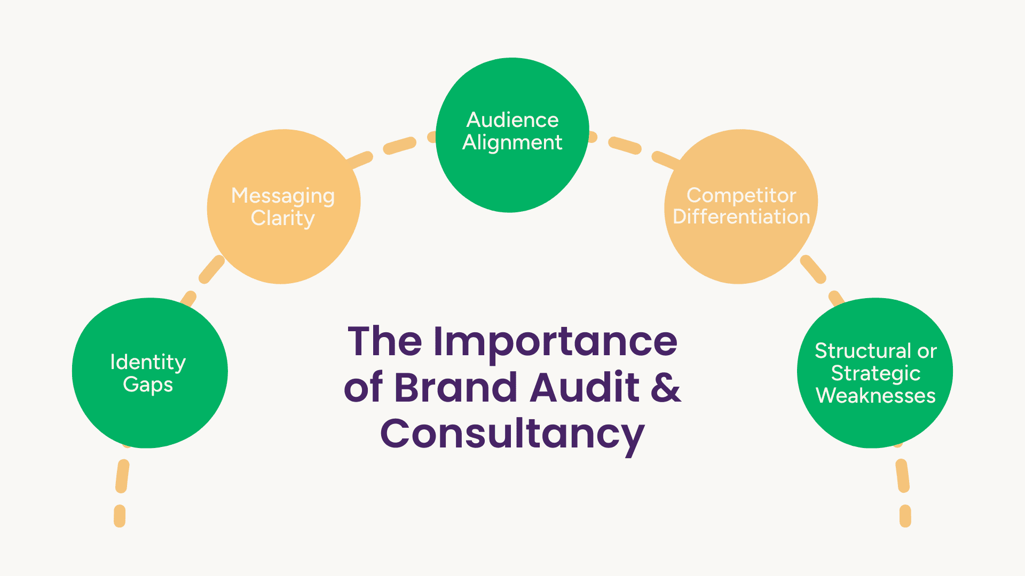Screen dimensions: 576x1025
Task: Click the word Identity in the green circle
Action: [148, 362]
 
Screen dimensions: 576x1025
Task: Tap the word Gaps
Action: [148, 385]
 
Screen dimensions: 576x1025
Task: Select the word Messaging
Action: [283, 196]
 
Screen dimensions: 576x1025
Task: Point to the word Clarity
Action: [283, 218]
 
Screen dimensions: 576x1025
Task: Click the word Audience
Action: [512, 120]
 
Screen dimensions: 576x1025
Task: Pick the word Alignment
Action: [512, 142]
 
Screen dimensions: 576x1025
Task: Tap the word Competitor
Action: [741, 195]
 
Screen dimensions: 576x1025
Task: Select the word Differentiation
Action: [741, 217]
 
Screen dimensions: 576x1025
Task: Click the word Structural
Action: [863, 351]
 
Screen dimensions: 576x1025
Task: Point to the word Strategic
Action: [876, 373]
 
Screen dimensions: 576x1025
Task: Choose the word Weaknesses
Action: [876, 396]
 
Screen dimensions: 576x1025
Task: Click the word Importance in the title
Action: [555, 342]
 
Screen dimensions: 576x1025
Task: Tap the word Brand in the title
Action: [455, 387]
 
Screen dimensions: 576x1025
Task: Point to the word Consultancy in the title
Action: [512, 434]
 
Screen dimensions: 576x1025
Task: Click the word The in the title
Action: [384, 341]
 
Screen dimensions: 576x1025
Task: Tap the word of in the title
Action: [364, 387]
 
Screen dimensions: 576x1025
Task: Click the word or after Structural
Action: [927, 351]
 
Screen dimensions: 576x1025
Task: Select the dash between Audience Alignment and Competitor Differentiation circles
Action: [625, 145]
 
